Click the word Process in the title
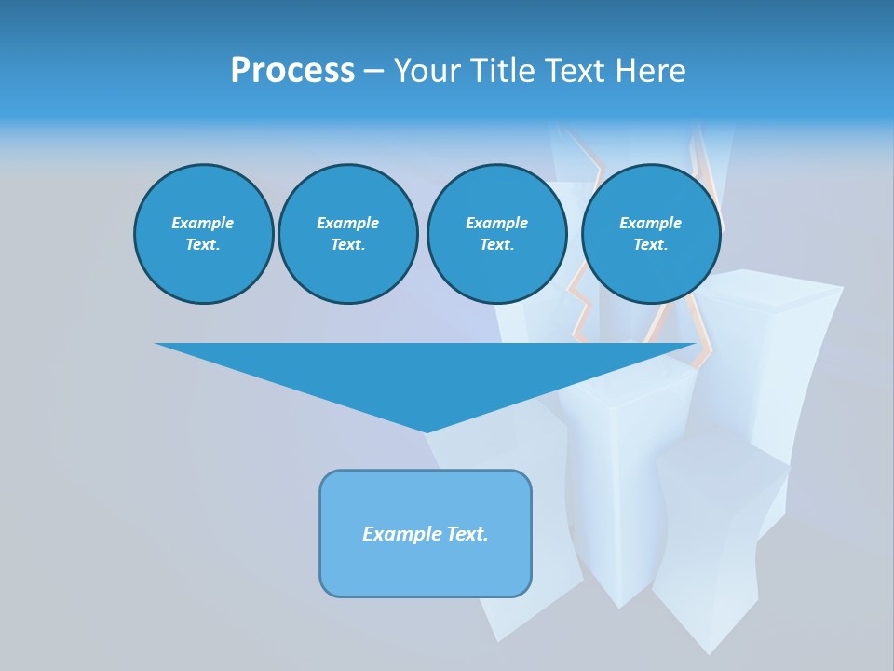coord(292,71)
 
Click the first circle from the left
coord(204,234)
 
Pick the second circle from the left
coord(348,234)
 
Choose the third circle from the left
coord(497,234)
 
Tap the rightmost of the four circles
coord(651,234)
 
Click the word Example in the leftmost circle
coord(203,223)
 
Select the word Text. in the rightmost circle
coord(651,245)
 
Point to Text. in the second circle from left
coord(348,245)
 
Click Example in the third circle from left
coord(497,223)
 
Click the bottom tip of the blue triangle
coord(427,431)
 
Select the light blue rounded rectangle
coord(426,568)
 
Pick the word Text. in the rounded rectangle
coord(465,534)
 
